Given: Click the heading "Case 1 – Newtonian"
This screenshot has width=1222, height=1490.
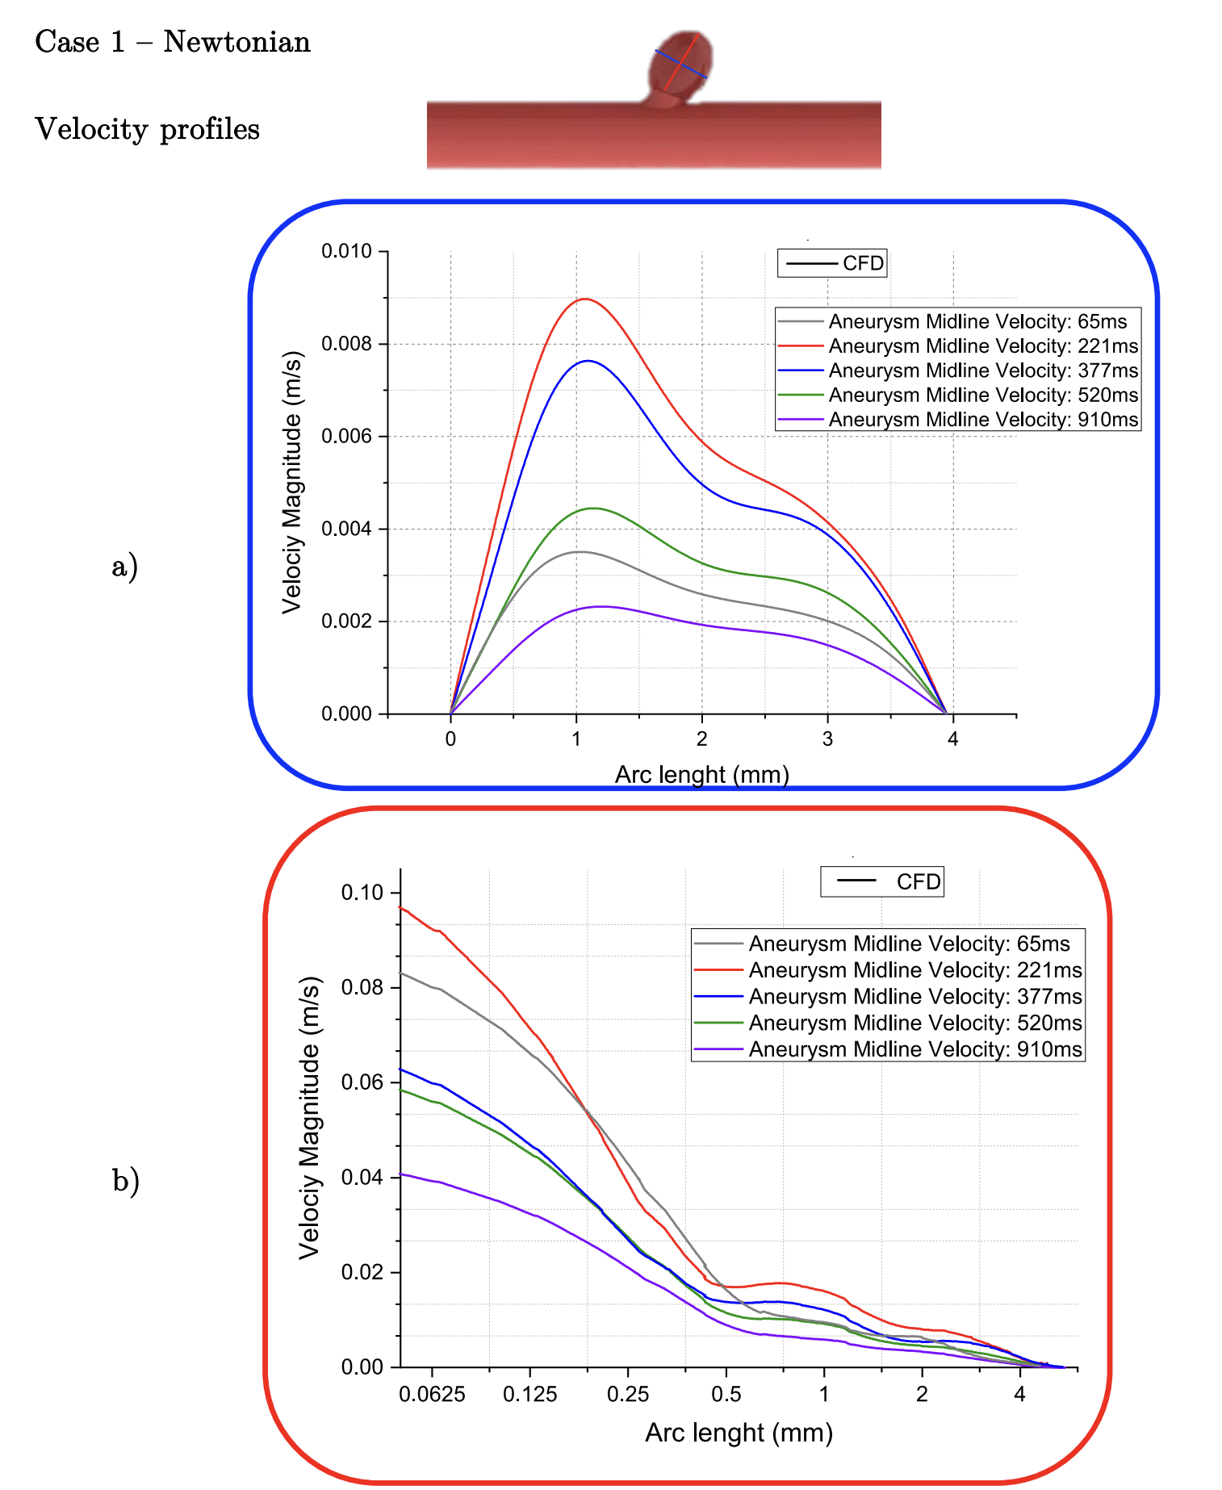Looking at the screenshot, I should (x=172, y=42).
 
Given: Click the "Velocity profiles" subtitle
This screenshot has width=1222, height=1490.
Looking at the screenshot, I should (x=147, y=129).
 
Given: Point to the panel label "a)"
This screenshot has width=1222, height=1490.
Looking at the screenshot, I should (x=124, y=566).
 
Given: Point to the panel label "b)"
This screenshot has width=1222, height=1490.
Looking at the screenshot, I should (x=125, y=1181).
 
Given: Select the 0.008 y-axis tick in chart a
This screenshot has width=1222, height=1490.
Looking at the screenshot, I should (x=346, y=344).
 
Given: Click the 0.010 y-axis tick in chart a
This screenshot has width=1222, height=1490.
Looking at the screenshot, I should (x=346, y=252).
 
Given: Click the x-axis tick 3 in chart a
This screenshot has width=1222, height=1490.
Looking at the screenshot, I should (x=827, y=739).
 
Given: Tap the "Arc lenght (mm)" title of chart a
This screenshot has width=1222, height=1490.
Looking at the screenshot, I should (x=701, y=775).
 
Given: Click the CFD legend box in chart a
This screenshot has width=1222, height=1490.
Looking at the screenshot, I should (x=832, y=263).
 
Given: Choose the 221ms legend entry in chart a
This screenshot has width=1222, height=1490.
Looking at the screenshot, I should (x=958, y=346).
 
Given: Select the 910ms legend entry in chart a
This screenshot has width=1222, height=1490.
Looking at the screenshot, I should (x=958, y=420).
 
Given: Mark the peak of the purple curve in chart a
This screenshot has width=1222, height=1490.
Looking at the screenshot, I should (x=599, y=606).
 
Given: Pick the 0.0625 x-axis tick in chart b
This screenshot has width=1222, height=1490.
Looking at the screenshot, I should (x=432, y=1395).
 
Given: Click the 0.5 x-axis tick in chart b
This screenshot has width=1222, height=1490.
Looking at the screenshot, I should (x=726, y=1395).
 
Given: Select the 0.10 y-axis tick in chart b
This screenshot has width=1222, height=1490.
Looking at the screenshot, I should (x=362, y=893).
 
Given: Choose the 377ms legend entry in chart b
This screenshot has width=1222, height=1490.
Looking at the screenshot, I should (x=888, y=997).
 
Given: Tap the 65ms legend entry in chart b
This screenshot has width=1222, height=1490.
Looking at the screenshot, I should (x=888, y=944).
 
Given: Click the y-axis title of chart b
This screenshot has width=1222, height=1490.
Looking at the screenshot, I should (x=311, y=1117).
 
